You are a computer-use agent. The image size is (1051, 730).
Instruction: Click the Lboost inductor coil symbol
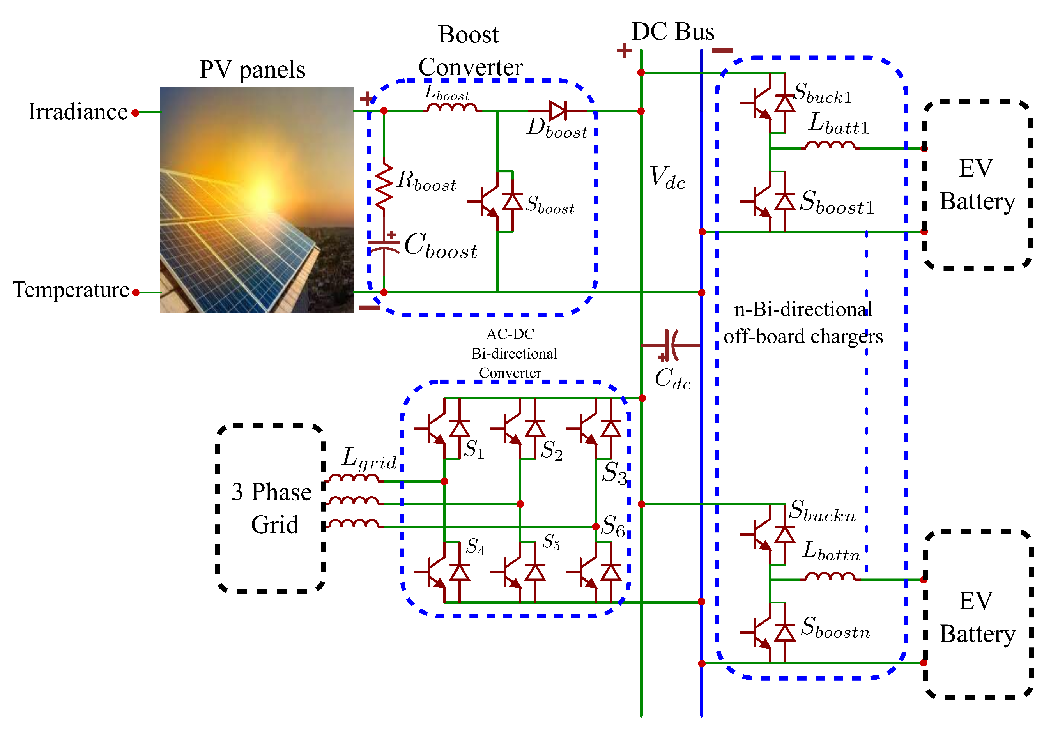tap(451, 108)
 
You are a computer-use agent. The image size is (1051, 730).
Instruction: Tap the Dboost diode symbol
tap(557, 111)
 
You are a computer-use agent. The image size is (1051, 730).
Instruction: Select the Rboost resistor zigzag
tap(384, 185)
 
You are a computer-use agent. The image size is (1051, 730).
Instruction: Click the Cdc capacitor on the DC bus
tap(671, 345)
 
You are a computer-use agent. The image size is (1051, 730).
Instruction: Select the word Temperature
tap(71, 290)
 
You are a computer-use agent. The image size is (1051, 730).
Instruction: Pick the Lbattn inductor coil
tap(830, 577)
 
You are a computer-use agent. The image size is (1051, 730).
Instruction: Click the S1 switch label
tap(474, 450)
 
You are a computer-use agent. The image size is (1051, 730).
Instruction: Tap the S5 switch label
tap(551, 542)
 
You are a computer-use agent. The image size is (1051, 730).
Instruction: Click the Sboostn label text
tap(835, 627)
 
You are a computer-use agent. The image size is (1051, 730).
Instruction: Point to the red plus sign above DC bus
tap(624, 50)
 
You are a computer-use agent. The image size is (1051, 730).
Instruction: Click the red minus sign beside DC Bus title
tap(722, 51)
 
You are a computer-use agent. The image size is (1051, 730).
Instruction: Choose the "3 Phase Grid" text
tap(272, 508)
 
